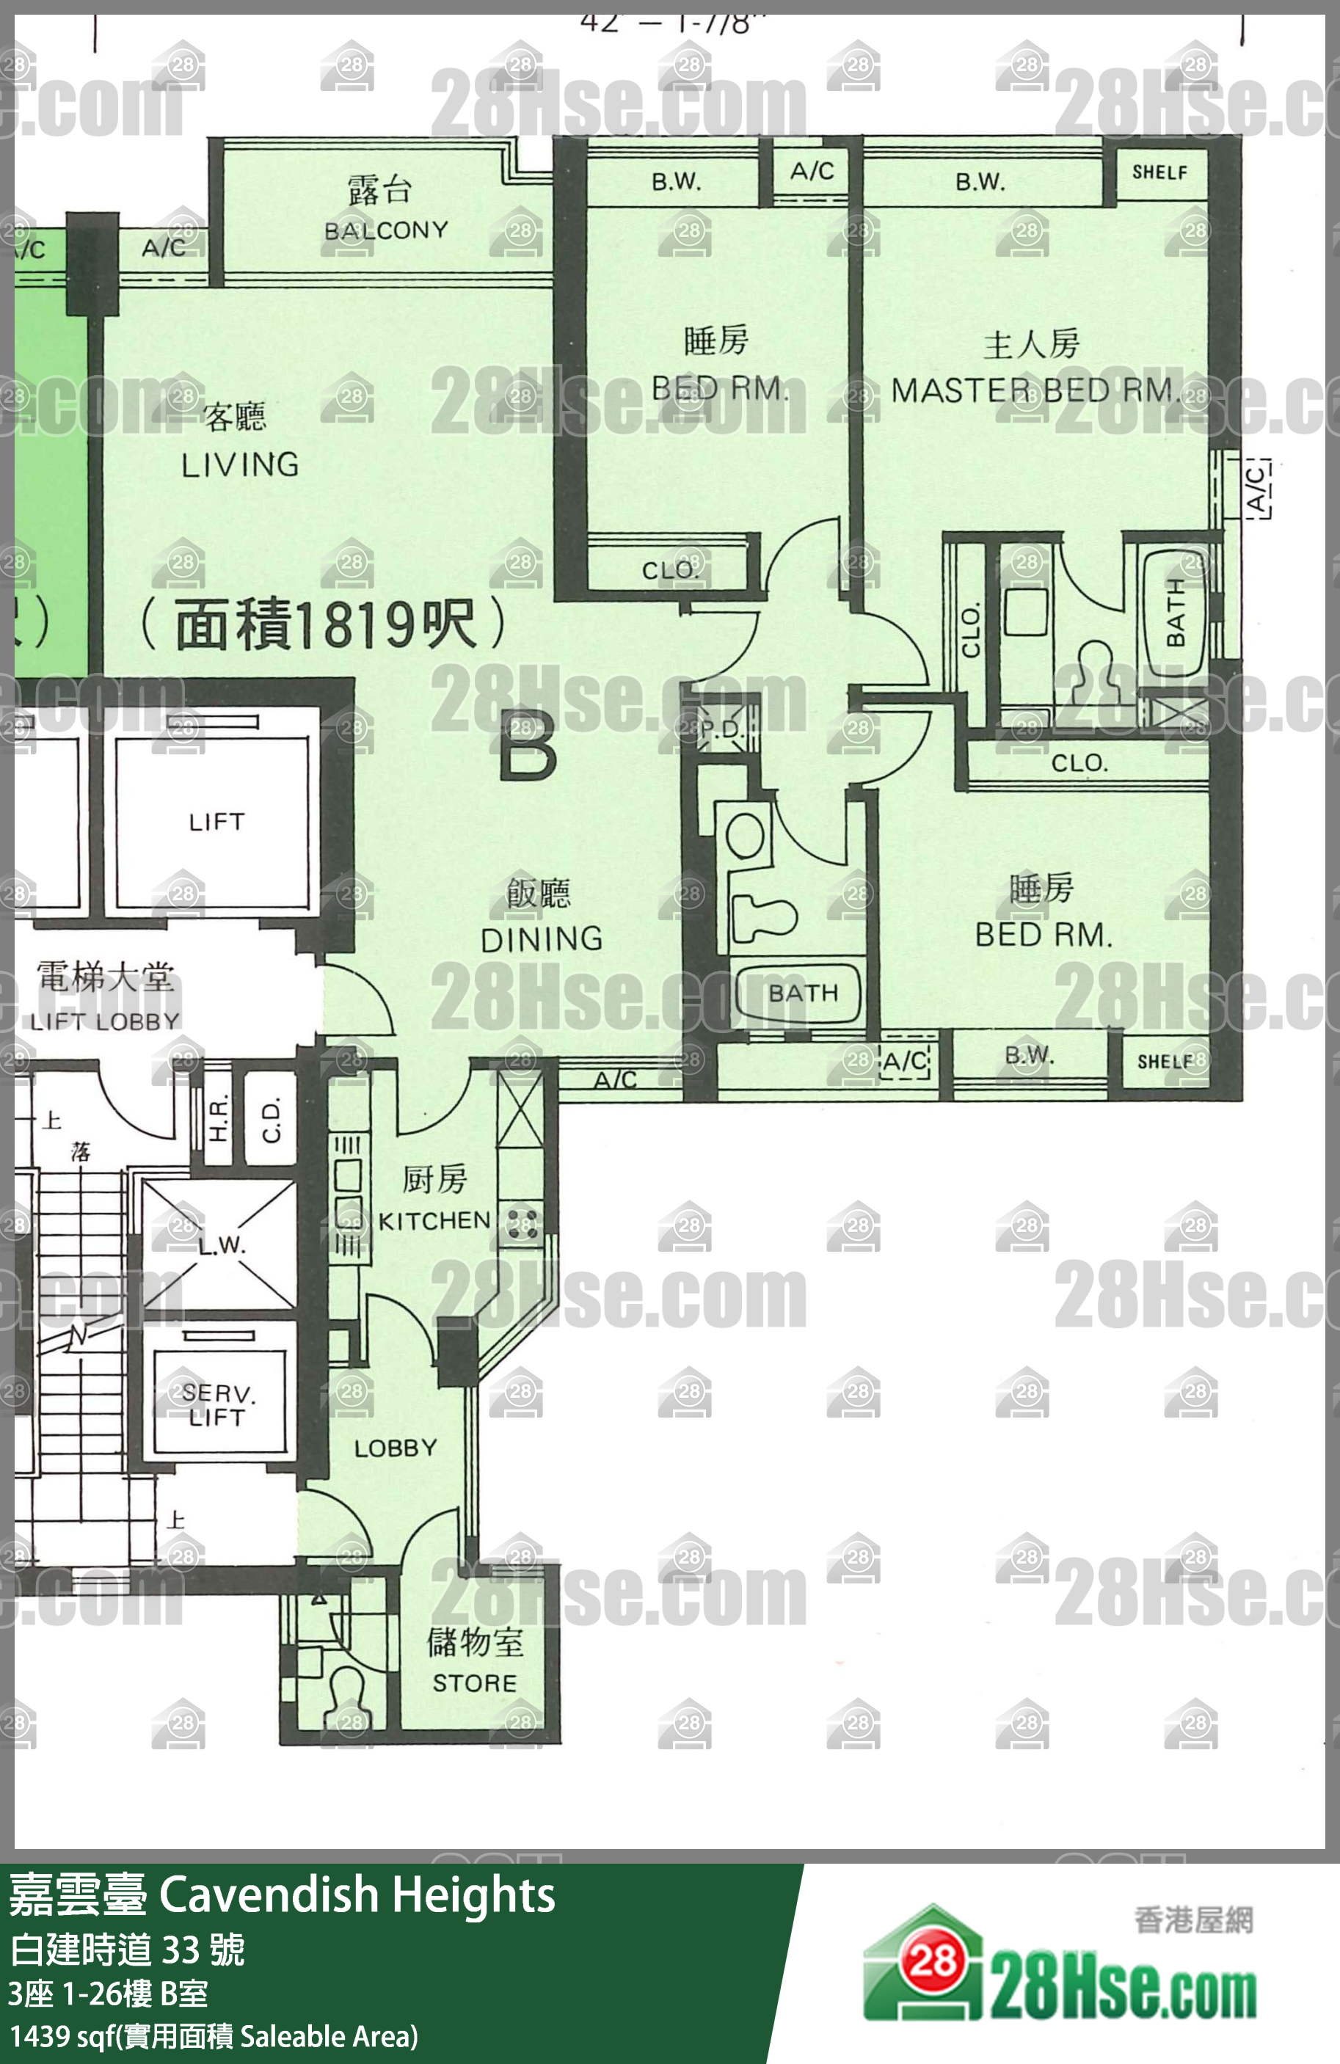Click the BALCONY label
click(386, 230)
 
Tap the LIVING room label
click(240, 465)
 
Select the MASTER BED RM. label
click(1036, 391)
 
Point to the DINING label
click(541, 938)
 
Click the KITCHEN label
click(434, 1221)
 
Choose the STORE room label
click(474, 1683)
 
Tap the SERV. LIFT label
click(216, 1405)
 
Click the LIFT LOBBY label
click(105, 1021)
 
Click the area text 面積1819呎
click(324, 624)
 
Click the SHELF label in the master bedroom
click(1159, 172)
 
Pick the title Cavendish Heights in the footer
click(357, 1895)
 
